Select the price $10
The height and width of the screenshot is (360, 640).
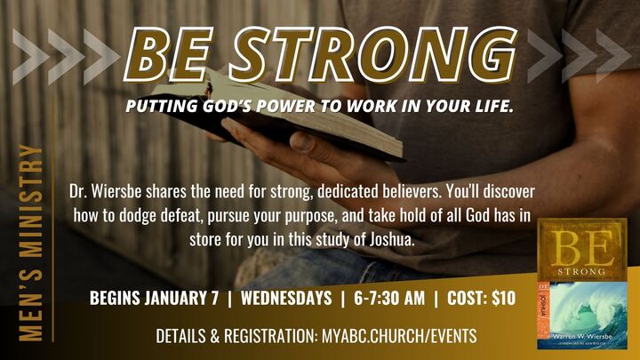tap(500, 299)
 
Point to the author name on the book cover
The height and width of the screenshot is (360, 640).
tap(583, 339)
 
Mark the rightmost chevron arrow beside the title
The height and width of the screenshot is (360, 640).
tap(612, 55)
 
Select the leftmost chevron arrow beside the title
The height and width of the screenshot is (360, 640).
tap(27, 55)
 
